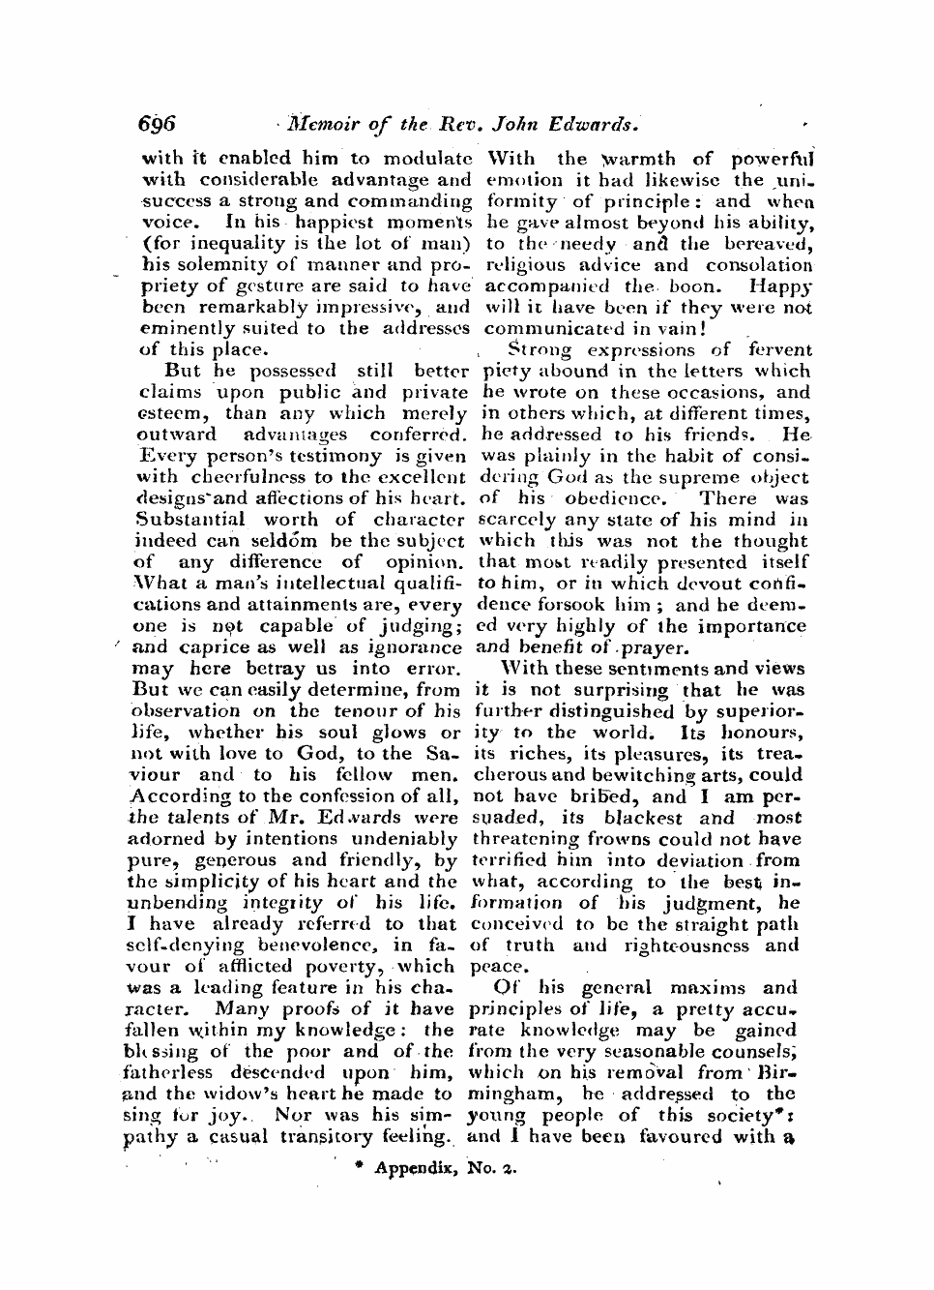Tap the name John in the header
pyautogui.click(x=521, y=124)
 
